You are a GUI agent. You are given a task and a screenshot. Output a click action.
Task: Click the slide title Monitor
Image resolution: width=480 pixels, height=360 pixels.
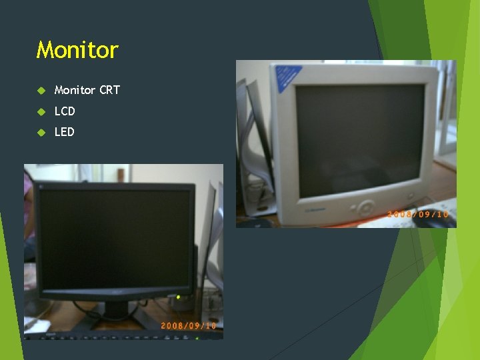click(77, 50)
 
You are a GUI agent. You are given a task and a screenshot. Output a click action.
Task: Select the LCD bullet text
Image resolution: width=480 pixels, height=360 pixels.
click(65, 111)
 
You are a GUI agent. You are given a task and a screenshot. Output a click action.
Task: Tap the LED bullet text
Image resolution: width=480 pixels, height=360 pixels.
click(65, 132)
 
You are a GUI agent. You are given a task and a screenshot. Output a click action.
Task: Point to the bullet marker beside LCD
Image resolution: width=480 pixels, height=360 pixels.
click(41, 111)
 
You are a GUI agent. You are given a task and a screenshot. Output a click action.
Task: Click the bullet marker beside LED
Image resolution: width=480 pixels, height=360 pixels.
click(41, 132)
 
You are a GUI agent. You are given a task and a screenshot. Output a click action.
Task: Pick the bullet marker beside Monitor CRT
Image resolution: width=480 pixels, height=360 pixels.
click(41, 90)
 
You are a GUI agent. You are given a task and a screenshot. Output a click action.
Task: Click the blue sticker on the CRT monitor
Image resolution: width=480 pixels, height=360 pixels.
click(288, 77)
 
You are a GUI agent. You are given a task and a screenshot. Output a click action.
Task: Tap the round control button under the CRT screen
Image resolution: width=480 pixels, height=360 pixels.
click(365, 205)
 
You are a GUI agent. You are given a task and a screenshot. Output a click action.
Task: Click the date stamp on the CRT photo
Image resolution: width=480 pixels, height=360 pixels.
click(418, 214)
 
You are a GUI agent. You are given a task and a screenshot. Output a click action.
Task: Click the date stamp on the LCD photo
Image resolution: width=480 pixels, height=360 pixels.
click(188, 325)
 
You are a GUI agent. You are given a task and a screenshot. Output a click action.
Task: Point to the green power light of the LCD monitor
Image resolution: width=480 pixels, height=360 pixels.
click(178, 297)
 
